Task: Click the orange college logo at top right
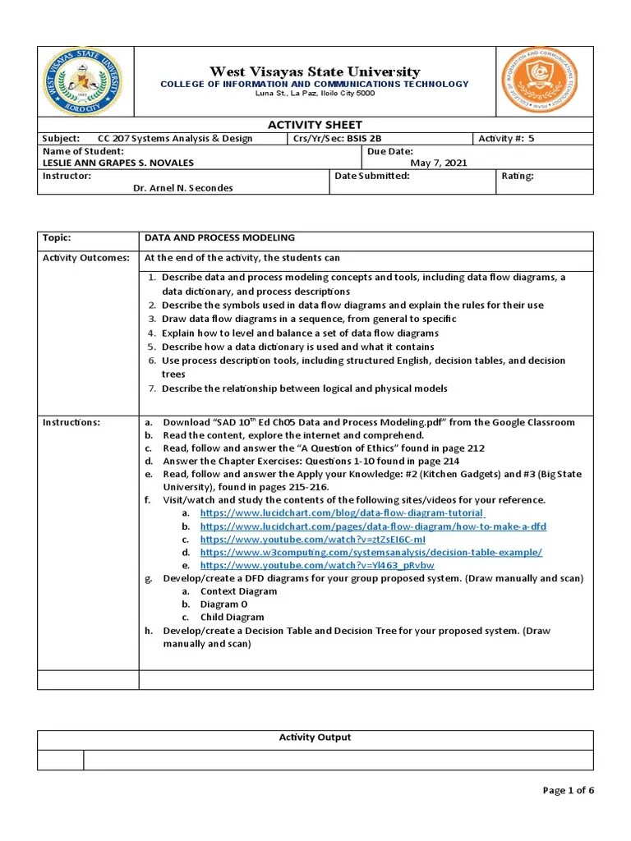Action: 540,80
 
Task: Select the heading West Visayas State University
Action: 315,71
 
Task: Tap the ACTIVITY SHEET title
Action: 315,124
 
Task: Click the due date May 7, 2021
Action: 439,163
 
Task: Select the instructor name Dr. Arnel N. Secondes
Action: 182,188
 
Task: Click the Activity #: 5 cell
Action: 506,138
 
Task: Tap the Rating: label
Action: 518,176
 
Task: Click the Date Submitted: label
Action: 372,176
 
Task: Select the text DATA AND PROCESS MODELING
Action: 219,237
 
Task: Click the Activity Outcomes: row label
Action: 86,258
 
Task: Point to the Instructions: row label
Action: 71,422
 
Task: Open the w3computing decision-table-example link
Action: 371,552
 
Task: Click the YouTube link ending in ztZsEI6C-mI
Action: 312,539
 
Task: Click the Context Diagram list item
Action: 238,591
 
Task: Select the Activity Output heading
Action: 315,737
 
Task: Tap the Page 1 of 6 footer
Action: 568,790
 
